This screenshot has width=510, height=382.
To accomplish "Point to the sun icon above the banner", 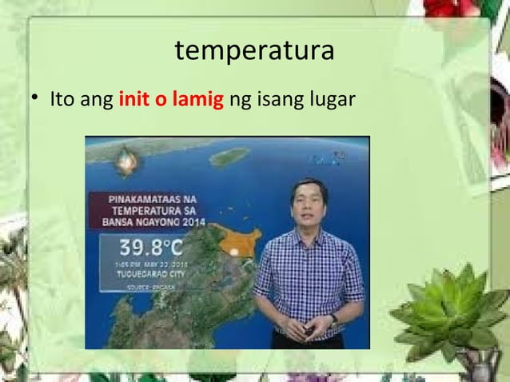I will pos(125,165).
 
